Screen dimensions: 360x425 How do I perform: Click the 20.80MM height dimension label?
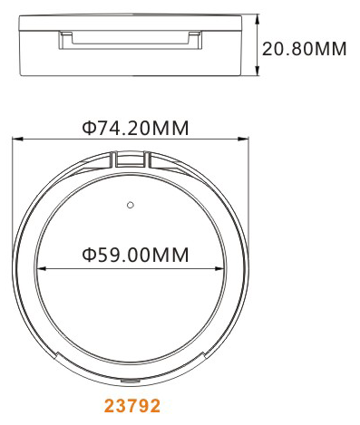click(x=304, y=49)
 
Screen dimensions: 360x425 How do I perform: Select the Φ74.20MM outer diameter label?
click(x=135, y=128)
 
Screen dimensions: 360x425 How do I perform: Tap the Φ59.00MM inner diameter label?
click(x=135, y=255)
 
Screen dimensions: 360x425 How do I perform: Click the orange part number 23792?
click(x=132, y=406)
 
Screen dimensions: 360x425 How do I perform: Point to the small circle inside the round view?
click(x=131, y=205)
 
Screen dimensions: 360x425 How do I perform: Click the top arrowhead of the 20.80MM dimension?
click(x=258, y=21)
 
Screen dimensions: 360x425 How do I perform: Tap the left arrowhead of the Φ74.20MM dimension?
click(x=17, y=139)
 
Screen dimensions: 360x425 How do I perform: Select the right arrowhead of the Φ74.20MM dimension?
click(x=243, y=139)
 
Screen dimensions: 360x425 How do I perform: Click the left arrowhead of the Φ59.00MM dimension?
click(x=41, y=268)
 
